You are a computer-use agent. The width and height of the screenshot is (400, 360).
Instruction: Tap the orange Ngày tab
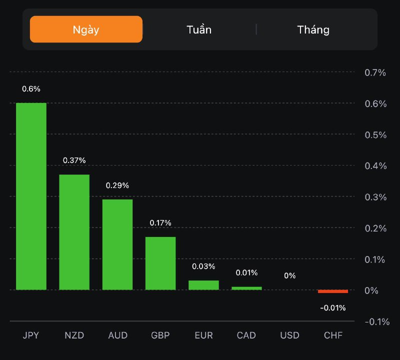(x=86, y=29)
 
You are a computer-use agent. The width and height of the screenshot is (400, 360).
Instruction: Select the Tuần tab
(x=199, y=29)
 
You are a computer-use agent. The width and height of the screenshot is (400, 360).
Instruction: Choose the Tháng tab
(x=313, y=29)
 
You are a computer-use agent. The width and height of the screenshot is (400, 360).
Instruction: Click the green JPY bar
(x=31, y=196)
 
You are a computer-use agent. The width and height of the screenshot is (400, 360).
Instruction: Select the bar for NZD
(x=74, y=232)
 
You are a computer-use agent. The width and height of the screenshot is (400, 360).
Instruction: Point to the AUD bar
(x=117, y=244)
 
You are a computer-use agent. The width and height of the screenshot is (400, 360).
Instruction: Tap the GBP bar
(x=160, y=263)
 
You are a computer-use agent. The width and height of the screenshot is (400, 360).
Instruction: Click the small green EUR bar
(x=203, y=285)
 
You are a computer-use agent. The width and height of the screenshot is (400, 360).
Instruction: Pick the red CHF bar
(x=332, y=291)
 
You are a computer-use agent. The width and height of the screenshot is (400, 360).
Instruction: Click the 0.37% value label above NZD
(x=74, y=160)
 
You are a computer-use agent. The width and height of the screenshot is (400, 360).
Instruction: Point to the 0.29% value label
(x=117, y=185)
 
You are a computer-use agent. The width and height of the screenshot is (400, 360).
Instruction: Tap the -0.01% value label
(x=332, y=308)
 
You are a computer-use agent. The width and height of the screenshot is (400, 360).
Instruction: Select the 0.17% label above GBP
(x=160, y=222)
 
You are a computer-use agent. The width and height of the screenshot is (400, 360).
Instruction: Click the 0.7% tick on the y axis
(x=375, y=73)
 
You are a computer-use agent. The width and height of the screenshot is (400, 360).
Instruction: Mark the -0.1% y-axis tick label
(x=377, y=321)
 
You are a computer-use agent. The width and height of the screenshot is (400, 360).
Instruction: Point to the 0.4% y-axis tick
(x=375, y=166)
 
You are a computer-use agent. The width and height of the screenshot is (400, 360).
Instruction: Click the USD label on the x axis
(x=289, y=335)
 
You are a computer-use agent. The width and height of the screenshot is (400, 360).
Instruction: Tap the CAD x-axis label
(x=246, y=335)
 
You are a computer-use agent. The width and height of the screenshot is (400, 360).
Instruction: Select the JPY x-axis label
(x=31, y=335)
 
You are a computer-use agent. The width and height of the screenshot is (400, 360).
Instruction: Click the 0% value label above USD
(x=289, y=275)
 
